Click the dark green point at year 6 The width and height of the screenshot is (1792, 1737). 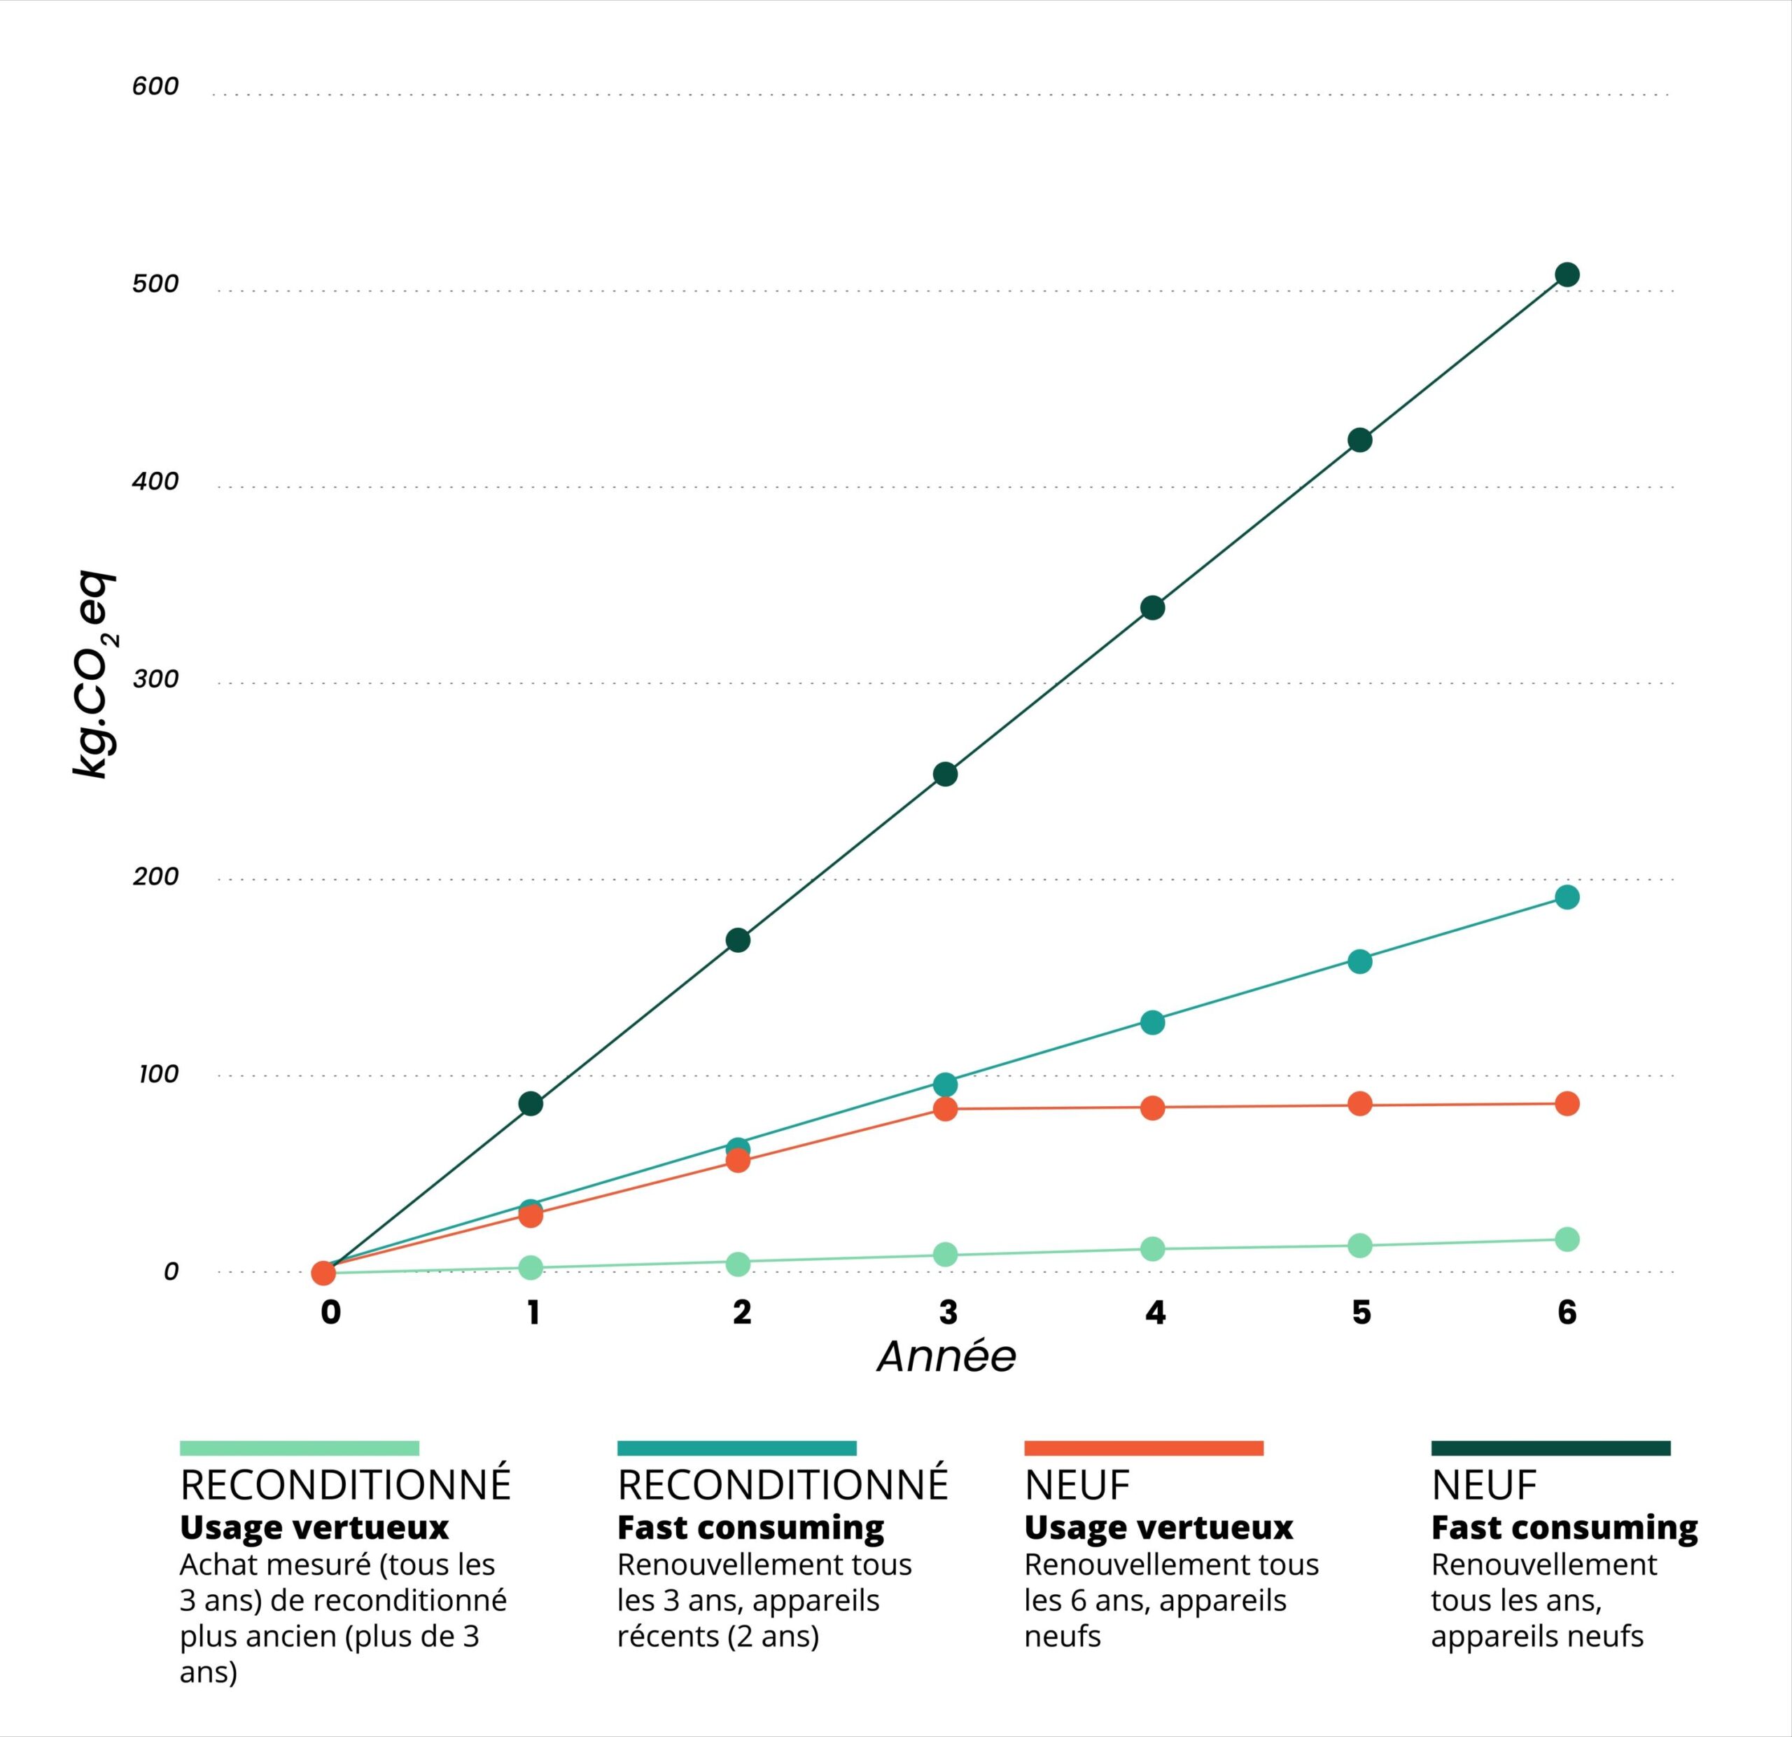[x=1567, y=275]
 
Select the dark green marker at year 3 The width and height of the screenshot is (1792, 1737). [x=946, y=774]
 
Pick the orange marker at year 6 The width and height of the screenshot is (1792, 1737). [x=1567, y=1103]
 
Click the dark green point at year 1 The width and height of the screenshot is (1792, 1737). [x=531, y=1103]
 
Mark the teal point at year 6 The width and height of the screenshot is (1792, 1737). [x=1567, y=897]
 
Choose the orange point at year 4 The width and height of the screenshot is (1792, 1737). [x=1153, y=1108]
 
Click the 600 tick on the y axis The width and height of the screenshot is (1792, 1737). [x=155, y=87]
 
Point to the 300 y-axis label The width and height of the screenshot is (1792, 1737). [x=155, y=679]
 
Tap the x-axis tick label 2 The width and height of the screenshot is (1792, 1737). [x=741, y=1313]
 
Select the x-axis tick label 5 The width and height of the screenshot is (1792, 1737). [x=1361, y=1313]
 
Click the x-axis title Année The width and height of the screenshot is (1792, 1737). [x=946, y=1357]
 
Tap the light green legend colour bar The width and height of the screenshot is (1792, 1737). [x=299, y=1448]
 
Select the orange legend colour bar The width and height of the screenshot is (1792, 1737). [x=1144, y=1448]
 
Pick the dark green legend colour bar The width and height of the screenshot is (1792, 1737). [x=1550, y=1448]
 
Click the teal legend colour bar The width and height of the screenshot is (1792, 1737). [x=737, y=1448]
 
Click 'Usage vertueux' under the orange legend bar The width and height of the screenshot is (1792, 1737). [x=1158, y=1528]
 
